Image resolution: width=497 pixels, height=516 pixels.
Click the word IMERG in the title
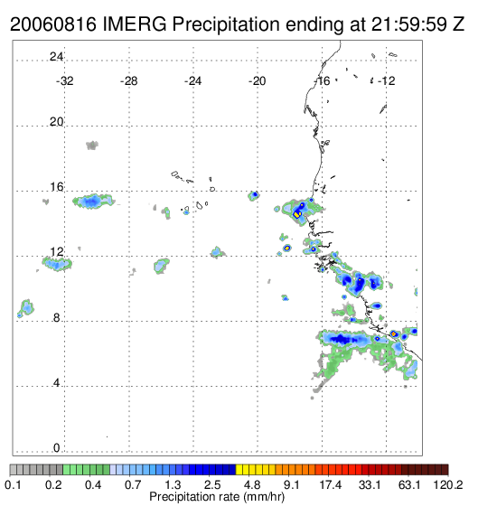135,24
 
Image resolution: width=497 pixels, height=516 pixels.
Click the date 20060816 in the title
53,24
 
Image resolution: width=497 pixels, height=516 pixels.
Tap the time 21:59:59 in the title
408,24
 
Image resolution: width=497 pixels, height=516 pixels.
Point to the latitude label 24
56,57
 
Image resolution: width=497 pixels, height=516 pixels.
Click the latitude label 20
56,122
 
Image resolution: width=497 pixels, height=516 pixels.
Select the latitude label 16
56,187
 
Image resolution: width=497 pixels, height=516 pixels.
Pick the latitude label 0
57,448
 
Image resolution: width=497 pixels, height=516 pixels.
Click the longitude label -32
64,81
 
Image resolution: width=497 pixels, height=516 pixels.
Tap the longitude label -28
128,81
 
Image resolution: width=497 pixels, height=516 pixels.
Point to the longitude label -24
192,81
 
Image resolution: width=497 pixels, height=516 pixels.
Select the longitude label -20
257,81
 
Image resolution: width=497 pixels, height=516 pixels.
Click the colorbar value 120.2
447,484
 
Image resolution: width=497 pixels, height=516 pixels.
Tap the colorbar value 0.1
13,484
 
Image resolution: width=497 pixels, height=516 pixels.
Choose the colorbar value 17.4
331,484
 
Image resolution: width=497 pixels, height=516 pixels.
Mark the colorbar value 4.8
252,484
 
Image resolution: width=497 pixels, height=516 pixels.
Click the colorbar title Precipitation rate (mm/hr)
217,497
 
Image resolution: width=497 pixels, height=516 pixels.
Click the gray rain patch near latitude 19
92,145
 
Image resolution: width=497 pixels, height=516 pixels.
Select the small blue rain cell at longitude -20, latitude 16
253,196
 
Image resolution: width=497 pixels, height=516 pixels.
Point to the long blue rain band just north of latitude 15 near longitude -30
93,202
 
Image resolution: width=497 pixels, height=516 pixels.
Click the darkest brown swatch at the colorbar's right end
445,470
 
